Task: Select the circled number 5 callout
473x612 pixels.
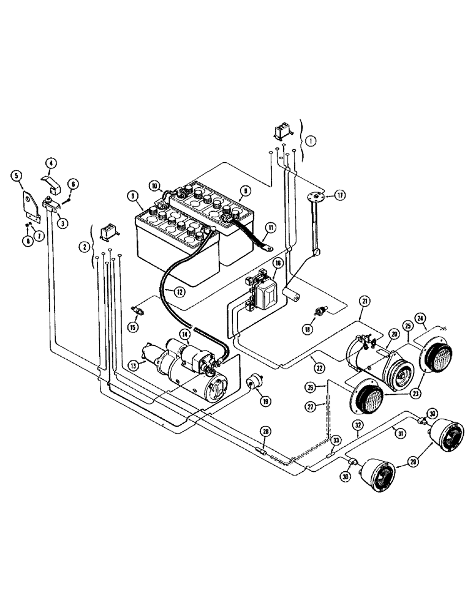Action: point(17,176)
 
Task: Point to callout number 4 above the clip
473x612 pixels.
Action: point(51,163)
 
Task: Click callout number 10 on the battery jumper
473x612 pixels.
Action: point(154,184)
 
